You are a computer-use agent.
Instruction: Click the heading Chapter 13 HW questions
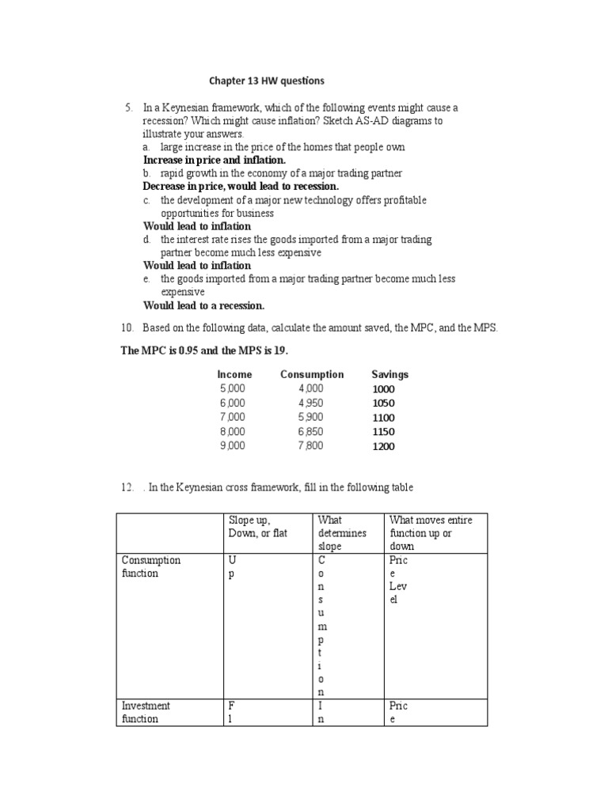(266, 81)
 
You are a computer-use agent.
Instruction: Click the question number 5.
(128, 107)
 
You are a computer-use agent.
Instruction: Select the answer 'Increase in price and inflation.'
(214, 160)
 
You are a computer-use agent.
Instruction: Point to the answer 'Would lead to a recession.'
(203, 305)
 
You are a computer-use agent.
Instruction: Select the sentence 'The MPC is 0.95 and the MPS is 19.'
(210, 350)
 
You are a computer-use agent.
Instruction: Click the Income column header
(234, 374)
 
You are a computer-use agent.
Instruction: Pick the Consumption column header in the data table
(311, 374)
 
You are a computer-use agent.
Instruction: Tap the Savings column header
(389, 374)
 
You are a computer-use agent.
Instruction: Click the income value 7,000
(233, 417)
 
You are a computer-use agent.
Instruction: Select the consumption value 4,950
(311, 403)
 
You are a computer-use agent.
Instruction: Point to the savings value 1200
(383, 446)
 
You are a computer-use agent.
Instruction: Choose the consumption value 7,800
(311, 445)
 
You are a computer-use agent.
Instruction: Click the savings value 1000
(383, 389)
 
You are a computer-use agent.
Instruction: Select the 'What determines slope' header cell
(342, 533)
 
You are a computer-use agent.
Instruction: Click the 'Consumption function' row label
(151, 566)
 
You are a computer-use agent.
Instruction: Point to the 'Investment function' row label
(146, 712)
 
